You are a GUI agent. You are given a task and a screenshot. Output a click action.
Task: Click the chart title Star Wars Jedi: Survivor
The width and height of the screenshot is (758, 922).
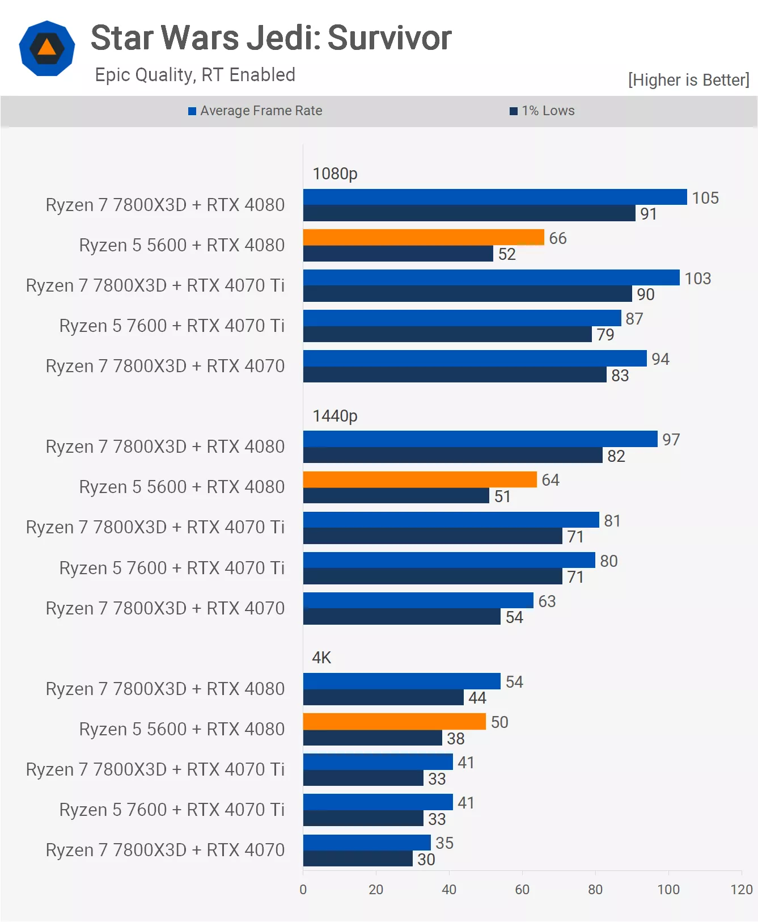(271, 38)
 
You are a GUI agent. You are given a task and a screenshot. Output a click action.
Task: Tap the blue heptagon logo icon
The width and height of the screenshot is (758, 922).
(47, 48)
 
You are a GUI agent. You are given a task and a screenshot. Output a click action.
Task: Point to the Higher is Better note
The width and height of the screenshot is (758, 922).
(688, 80)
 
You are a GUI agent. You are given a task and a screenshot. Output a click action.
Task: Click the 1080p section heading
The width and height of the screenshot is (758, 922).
(335, 174)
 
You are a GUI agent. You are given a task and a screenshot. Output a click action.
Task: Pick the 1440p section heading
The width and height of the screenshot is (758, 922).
(335, 416)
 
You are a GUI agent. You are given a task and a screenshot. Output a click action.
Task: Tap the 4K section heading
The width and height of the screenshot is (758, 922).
(321, 658)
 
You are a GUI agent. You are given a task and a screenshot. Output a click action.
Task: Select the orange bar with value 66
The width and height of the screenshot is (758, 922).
(424, 237)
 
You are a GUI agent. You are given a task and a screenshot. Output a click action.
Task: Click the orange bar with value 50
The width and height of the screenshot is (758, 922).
(395, 721)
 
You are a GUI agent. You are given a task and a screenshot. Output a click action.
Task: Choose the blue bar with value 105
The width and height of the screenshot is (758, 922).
(495, 197)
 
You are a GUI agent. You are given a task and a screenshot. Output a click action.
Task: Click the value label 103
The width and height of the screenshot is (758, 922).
(697, 279)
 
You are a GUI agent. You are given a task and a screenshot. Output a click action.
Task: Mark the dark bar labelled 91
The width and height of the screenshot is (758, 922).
(469, 213)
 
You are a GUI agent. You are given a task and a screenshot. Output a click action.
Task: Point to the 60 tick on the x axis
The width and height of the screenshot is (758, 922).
(522, 889)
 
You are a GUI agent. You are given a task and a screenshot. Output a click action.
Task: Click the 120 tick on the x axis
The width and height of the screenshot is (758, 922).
(742, 889)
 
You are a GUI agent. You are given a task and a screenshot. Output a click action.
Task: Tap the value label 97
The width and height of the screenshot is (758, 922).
(671, 440)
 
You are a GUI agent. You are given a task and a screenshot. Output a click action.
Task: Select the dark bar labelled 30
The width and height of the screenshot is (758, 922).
(358, 858)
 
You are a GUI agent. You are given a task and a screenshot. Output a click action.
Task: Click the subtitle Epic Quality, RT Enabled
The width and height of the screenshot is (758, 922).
(195, 75)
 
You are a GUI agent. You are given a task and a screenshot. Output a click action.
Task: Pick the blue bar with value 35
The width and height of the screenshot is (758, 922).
(367, 843)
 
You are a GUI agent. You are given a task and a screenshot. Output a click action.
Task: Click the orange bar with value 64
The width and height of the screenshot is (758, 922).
(420, 479)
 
